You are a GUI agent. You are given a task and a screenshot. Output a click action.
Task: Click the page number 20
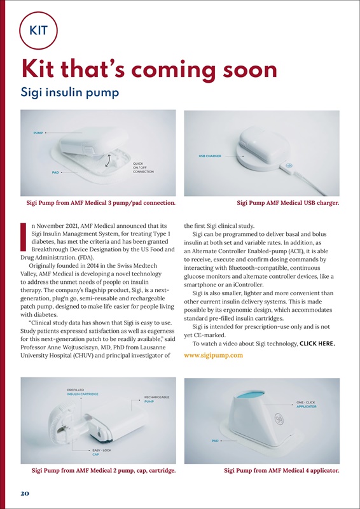point(22,493)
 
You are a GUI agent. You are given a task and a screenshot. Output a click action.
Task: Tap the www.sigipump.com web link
point(213,355)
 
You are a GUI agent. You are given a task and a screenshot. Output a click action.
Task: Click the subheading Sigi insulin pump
point(70,93)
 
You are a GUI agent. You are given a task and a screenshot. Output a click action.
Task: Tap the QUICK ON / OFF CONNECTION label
point(143,167)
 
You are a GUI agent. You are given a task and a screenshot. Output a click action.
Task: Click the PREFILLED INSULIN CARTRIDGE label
point(83,392)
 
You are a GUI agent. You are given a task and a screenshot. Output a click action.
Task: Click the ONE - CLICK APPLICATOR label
point(307,405)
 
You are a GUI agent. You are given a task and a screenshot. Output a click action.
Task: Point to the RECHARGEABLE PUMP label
point(156,400)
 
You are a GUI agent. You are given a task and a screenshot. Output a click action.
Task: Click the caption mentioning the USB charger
point(287,203)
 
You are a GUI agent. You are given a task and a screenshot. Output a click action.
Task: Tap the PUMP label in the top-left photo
point(38,132)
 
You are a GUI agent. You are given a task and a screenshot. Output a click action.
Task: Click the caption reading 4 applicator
point(281,471)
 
